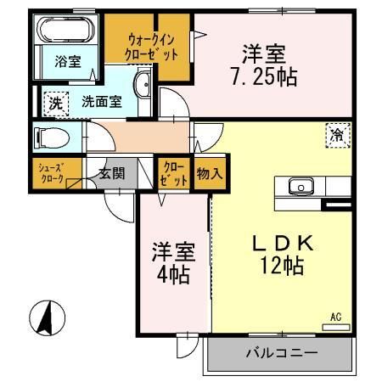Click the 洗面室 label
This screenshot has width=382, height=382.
tap(101, 101)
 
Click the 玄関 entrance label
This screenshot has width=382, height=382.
tap(110, 173)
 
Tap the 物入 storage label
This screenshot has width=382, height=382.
tap(209, 173)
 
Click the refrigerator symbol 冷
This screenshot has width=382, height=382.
tap(337, 134)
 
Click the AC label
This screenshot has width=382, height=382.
tap(336, 317)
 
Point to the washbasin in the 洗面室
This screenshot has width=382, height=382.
tap(143, 84)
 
